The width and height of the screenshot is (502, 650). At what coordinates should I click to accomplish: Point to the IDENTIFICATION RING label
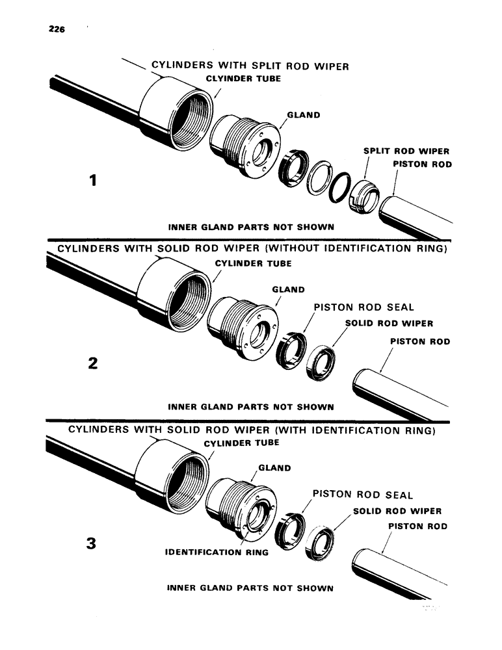tap(217, 554)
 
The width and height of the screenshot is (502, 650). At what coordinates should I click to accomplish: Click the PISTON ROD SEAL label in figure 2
tap(363, 307)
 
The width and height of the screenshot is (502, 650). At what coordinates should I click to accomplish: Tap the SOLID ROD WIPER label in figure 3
tap(397, 512)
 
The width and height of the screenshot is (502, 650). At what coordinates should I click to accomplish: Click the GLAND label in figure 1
tap(303, 115)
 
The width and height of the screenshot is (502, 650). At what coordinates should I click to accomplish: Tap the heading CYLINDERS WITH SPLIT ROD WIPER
tap(250, 66)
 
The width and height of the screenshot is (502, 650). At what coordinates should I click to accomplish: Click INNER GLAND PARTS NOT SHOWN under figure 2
tap(251, 408)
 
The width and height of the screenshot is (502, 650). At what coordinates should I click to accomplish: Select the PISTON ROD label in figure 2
tap(419, 341)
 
